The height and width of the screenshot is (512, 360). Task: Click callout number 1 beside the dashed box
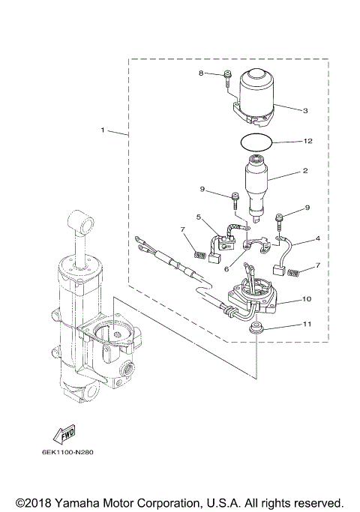pyautogui.click(x=103, y=130)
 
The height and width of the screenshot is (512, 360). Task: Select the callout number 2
pyautogui.click(x=305, y=171)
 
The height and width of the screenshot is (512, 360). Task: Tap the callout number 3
pyautogui.click(x=305, y=110)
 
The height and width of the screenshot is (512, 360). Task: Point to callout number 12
pyautogui.click(x=307, y=141)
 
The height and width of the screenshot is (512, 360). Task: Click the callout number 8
pyautogui.click(x=200, y=73)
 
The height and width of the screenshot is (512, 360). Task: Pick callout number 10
pyautogui.click(x=307, y=298)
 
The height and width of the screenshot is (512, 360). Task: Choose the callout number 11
pyautogui.click(x=307, y=325)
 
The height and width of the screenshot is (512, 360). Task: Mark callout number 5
pyautogui.click(x=198, y=217)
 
